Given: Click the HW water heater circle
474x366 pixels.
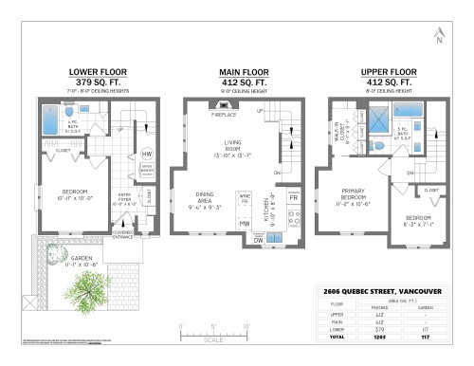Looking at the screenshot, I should coord(147,154).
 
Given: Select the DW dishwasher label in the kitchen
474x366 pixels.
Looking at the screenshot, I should coord(259,240).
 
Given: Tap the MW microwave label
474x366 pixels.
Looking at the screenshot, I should coord(244,223).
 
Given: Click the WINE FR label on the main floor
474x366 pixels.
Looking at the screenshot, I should coord(244,202).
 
